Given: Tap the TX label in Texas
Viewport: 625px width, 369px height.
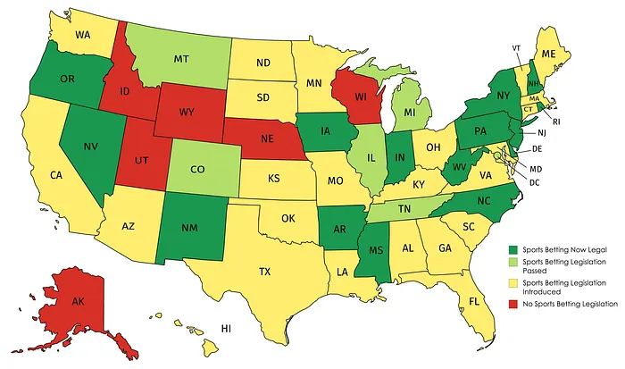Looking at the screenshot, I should click(x=264, y=271).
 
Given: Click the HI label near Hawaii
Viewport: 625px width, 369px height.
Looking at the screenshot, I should click(x=227, y=329).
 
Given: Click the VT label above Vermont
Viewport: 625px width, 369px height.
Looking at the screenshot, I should click(x=517, y=47).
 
